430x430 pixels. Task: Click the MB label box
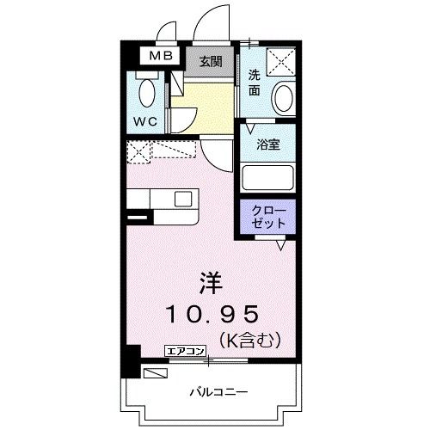pos(158,57)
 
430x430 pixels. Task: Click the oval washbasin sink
pos(282,99)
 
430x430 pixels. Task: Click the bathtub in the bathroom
pos(267,178)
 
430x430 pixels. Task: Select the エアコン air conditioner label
pos(186,350)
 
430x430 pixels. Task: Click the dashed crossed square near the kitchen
pos(138,152)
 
